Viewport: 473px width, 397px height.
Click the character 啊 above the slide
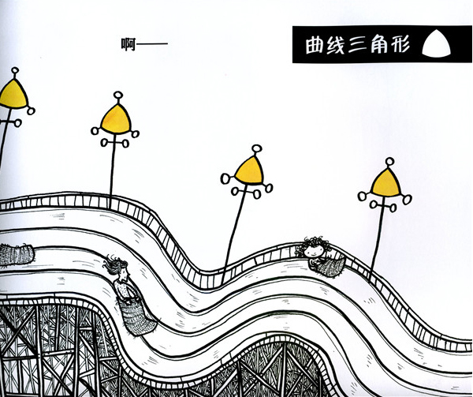[x=128, y=44]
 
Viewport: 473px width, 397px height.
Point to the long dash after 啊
[x=152, y=43]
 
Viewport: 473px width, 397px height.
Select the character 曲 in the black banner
[x=315, y=45]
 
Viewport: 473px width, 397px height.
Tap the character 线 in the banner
[x=336, y=45]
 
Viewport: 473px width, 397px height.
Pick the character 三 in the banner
[x=357, y=45]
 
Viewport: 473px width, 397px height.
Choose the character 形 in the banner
[x=400, y=45]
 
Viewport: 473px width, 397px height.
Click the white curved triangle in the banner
[x=436, y=44]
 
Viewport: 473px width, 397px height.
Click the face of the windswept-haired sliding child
[x=124, y=274]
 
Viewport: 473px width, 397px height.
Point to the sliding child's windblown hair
[x=114, y=265]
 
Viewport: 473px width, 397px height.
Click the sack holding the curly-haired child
[x=330, y=265]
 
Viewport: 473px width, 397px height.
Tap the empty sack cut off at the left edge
[x=17, y=255]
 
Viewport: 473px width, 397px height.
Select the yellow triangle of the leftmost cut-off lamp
[x=13, y=94]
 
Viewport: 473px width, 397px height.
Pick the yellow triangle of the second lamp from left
[x=116, y=119]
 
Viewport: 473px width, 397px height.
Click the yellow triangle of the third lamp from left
[x=249, y=170]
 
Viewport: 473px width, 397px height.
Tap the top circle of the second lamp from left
[x=118, y=96]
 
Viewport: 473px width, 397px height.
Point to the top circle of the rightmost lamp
[x=389, y=162]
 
